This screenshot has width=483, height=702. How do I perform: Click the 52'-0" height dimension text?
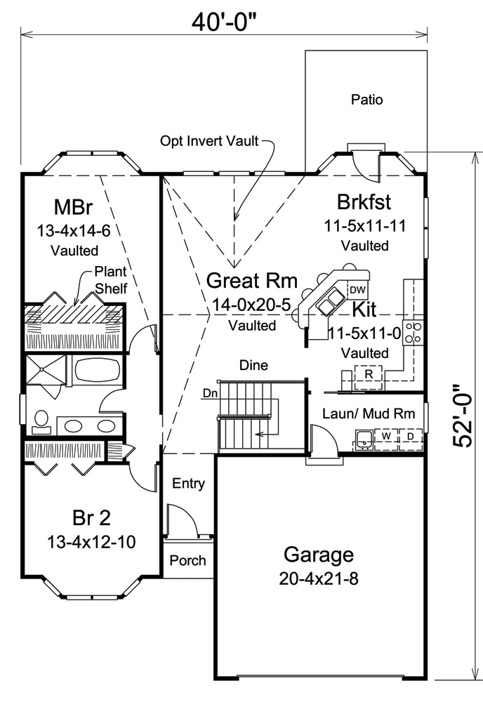coord(464,416)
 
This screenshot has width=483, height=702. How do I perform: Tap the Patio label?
coord(366,100)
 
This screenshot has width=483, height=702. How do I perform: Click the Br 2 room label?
coord(92,518)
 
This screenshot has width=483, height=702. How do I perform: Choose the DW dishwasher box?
coord(357,289)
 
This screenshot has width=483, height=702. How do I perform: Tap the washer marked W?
coord(386,437)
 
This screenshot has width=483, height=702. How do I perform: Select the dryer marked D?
coord(410,437)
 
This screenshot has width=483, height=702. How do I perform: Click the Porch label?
coord(188,560)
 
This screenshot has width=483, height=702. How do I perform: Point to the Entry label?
coord(188,483)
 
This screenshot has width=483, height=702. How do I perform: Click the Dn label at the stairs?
coord(209,393)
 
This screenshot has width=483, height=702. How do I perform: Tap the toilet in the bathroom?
coord(40,420)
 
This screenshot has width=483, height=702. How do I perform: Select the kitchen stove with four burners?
coord(413,332)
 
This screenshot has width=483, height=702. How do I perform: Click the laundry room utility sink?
coord(364,440)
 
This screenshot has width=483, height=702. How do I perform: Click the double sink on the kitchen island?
coord(327,304)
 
